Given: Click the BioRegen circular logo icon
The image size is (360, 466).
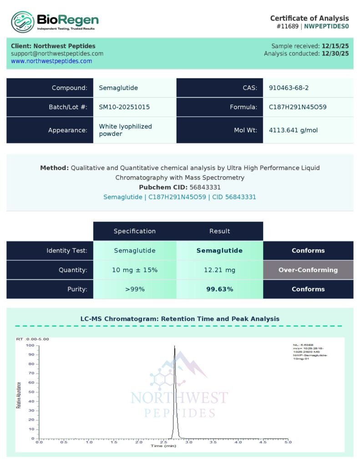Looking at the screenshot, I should coord(23,22).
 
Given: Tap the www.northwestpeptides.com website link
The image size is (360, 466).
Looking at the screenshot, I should coord(51,61).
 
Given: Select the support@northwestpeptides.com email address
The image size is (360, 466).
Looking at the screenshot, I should coord(57,53).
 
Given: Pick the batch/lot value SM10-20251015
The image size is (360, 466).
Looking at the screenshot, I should coord(124,107).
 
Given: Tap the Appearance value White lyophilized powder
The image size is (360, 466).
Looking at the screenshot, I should coord(125,130).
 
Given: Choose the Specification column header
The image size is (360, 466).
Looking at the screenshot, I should coord(135,231).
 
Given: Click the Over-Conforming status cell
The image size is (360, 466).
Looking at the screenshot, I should coord(308,270).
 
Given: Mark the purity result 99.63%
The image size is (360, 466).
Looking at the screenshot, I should coord(219,289).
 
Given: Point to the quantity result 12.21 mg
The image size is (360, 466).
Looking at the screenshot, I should coord(219,270).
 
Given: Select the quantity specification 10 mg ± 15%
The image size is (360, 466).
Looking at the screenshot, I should coord(135,270).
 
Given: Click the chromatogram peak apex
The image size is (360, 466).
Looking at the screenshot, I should coord(174,347).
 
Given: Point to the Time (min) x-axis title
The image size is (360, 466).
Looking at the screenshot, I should coord(163,446).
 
